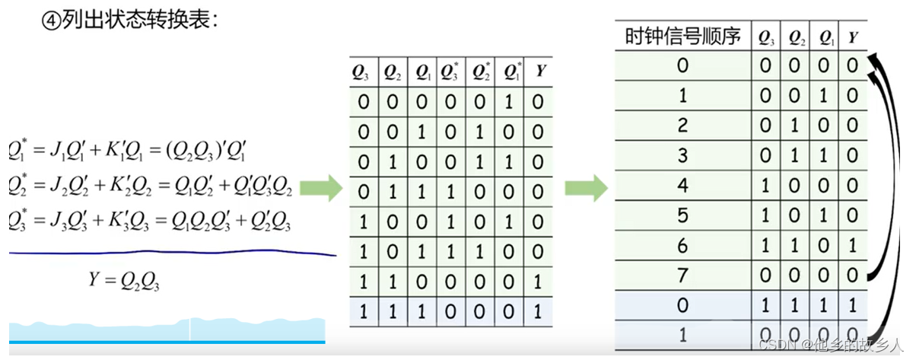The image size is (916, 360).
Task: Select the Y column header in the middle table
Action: point(539,72)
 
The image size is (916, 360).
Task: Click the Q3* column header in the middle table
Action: point(452,72)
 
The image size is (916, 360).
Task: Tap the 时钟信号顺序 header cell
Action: point(682,37)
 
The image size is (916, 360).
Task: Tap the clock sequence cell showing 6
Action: point(682,245)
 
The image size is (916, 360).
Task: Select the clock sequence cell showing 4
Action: point(682,185)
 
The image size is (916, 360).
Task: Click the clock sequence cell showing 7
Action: point(682,275)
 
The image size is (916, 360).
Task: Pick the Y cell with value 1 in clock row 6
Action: point(853,245)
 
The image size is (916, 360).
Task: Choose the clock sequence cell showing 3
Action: point(682,155)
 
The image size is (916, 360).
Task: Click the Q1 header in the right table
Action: point(824,37)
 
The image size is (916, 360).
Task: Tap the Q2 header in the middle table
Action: point(393,72)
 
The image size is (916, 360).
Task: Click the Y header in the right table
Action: point(853,37)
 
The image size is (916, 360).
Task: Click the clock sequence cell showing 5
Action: point(682,215)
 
